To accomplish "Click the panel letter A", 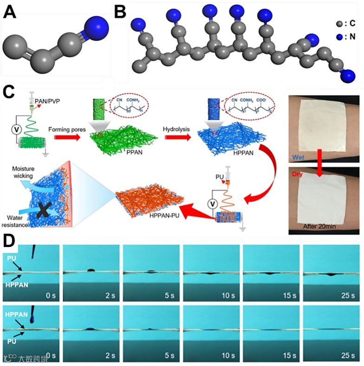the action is point(11,12).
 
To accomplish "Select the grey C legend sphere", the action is point(340,22).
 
